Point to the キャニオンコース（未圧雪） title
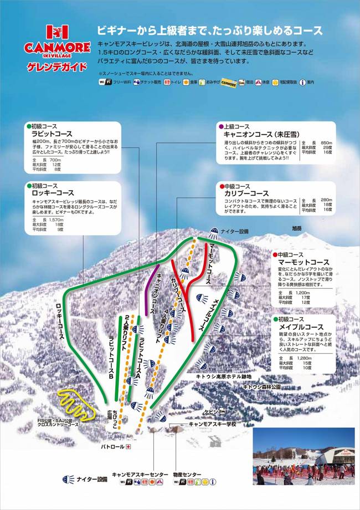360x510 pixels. [x=258, y=134]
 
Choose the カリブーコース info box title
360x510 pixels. [x=246, y=193]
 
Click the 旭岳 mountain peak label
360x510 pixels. [x=298, y=228]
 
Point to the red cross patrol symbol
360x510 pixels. [x=128, y=446]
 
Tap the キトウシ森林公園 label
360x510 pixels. [x=263, y=385]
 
